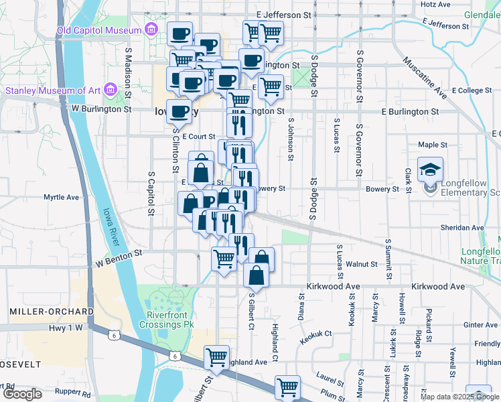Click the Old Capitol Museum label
point(99,29)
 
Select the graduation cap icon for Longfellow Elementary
point(429,169)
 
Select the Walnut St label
point(365,264)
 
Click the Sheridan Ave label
point(462,228)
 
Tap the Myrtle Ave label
point(62,198)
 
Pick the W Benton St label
point(119,255)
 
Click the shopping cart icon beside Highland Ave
point(216,358)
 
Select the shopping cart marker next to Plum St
point(287,387)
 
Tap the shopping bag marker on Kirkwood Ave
point(256,275)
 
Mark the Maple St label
point(432,145)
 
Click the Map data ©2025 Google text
point(459,397)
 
